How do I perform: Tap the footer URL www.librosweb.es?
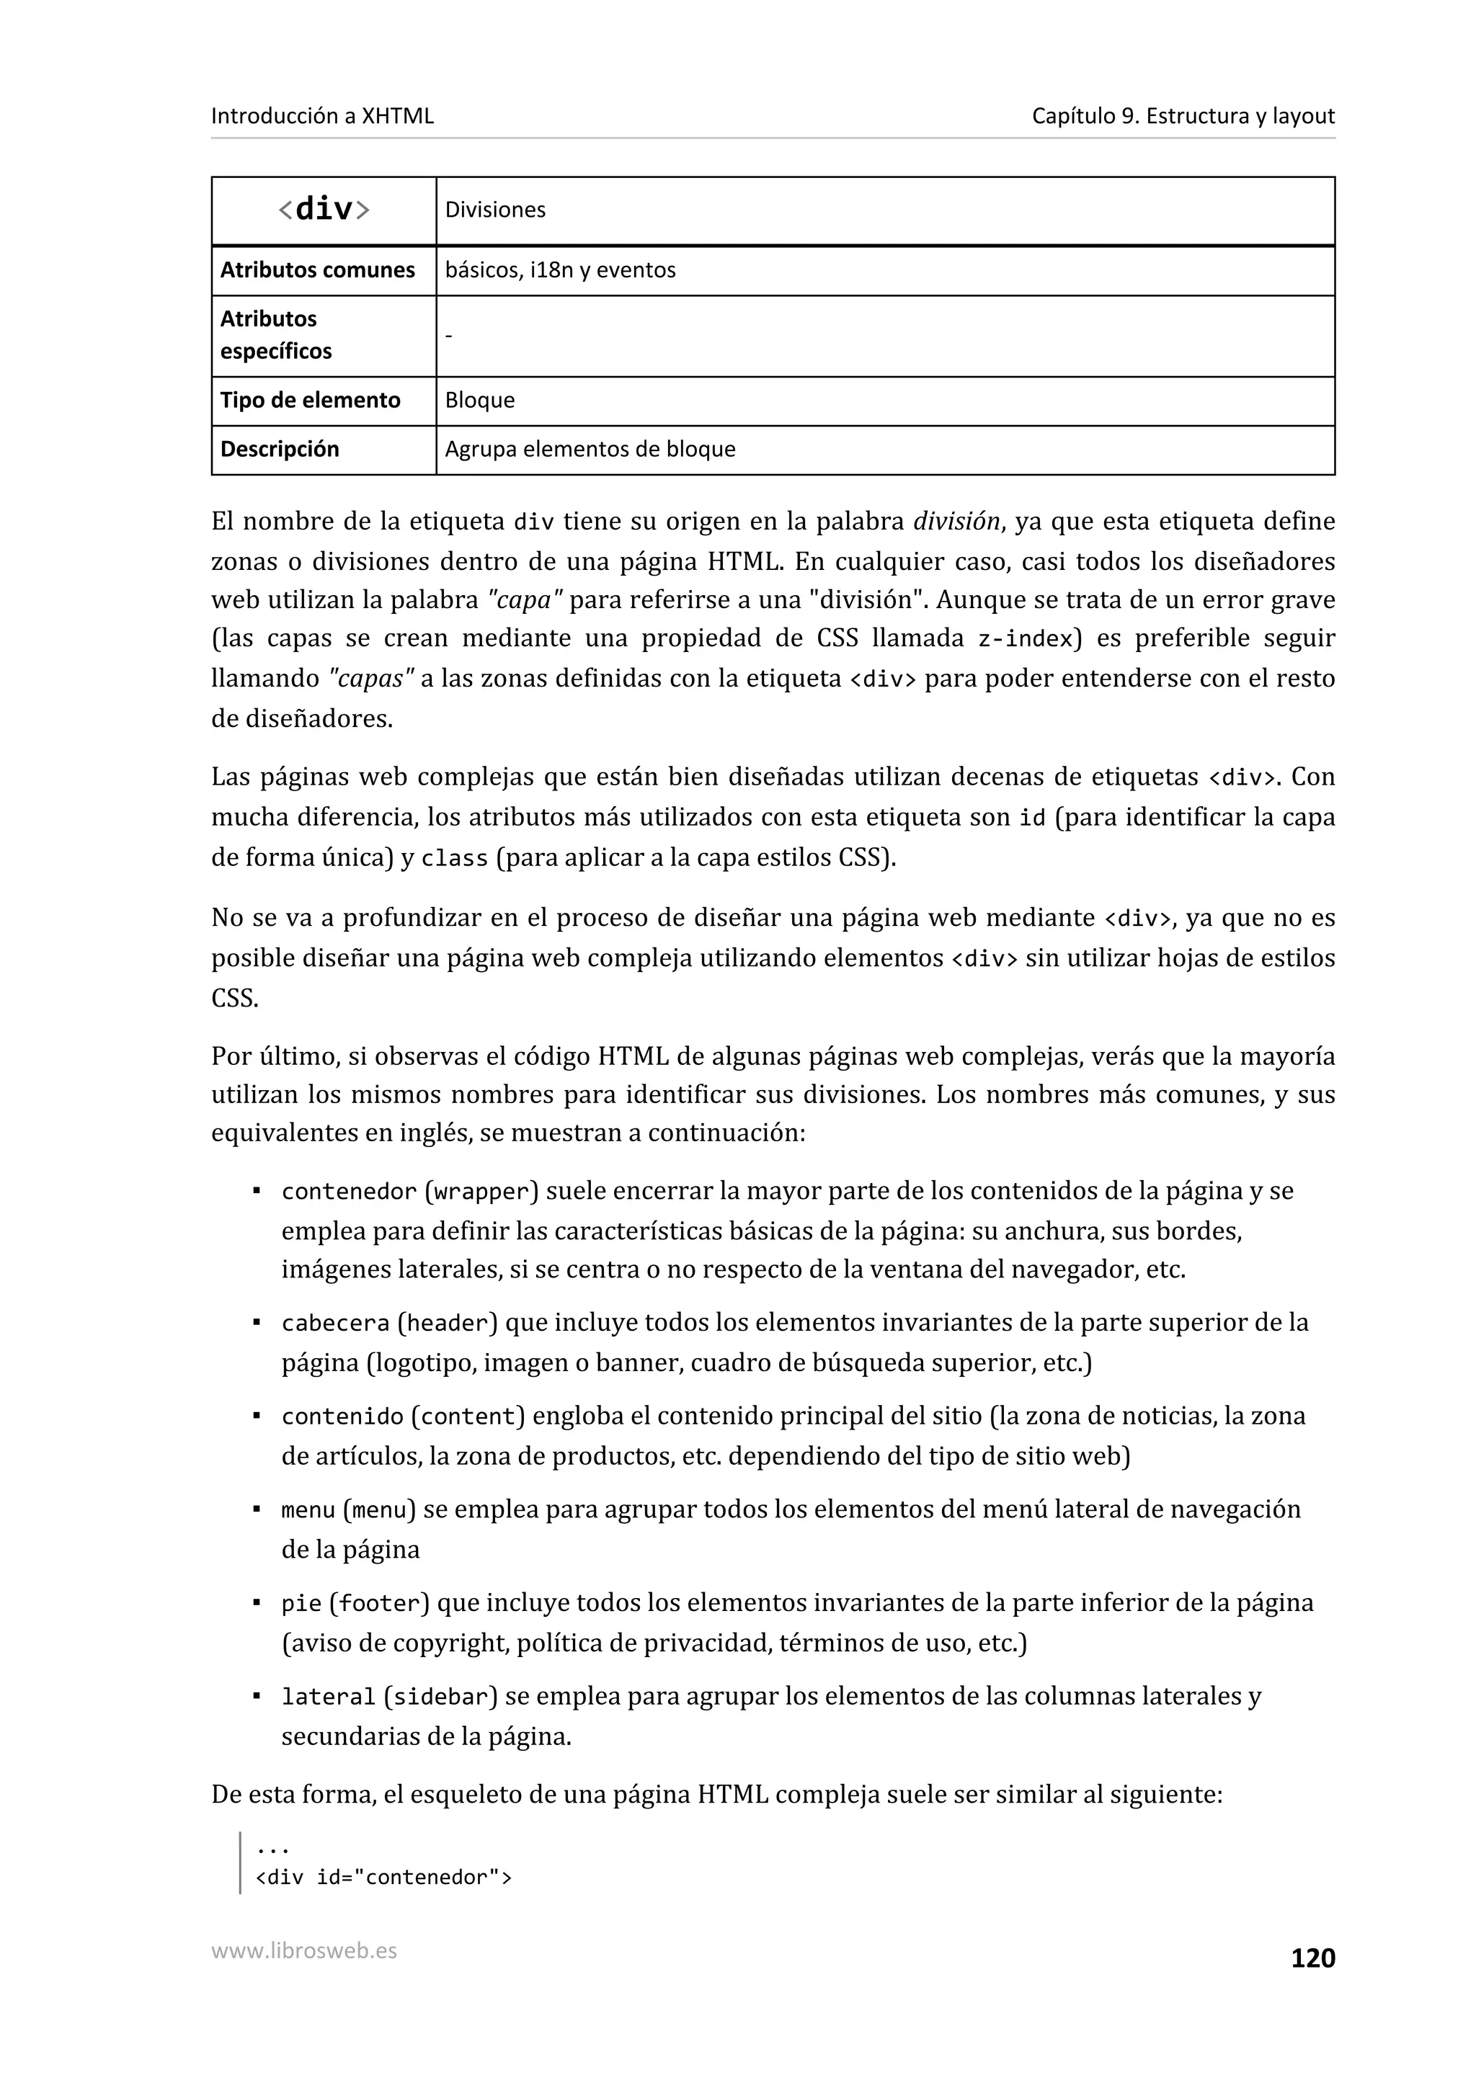pyautogui.click(x=303, y=1950)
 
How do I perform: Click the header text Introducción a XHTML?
pyautogui.click(x=322, y=115)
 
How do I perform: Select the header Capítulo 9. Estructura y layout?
pyautogui.click(x=1182, y=115)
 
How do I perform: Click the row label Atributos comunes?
pyautogui.click(x=316, y=270)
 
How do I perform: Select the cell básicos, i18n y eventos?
pyautogui.click(x=560, y=270)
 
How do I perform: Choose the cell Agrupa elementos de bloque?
pyautogui.click(x=590, y=450)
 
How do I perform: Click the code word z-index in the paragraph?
pyautogui.click(x=1025, y=639)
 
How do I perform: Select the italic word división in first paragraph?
pyautogui.click(x=956, y=521)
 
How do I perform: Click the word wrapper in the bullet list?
pyautogui.click(x=481, y=1191)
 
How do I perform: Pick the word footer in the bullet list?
pyautogui.click(x=379, y=1603)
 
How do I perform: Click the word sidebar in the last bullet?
pyautogui.click(x=441, y=1697)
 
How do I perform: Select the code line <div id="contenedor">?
pyautogui.click(x=384, y=1878)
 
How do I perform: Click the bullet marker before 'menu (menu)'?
pyautogui.click(x=257, y=1509)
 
